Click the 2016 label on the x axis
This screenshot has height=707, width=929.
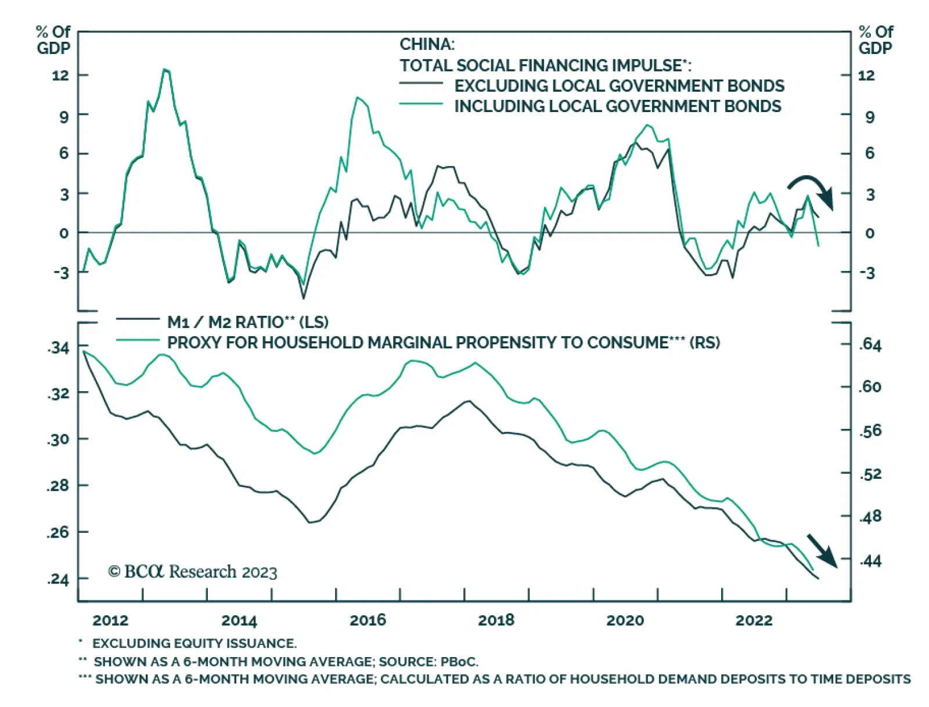(368, 621)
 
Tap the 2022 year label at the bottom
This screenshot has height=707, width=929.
(754, 621)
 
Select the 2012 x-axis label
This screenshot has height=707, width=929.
(110, 621)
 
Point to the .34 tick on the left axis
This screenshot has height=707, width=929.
(58, 348)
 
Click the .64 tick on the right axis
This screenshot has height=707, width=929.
(870, 345)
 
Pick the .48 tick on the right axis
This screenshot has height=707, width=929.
(870, 516)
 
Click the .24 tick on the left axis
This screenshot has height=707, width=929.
(58, 579)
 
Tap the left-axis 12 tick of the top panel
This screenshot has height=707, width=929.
(60, 75)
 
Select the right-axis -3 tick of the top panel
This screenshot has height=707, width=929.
(867, 273)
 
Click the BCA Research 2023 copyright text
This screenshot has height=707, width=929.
(192, 572)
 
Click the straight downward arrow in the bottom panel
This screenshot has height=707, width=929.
(822, 550)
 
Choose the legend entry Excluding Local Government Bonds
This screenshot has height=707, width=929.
(619, 86)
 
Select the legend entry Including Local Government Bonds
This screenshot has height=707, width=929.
(617, 107)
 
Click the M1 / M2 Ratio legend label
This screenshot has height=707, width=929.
(247, 322)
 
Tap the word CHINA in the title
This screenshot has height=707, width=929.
(427, 44)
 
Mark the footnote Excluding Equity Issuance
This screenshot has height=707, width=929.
(194, 643)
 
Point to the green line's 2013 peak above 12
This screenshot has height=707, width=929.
(166, 70)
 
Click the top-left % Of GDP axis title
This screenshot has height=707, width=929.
(53, 39)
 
